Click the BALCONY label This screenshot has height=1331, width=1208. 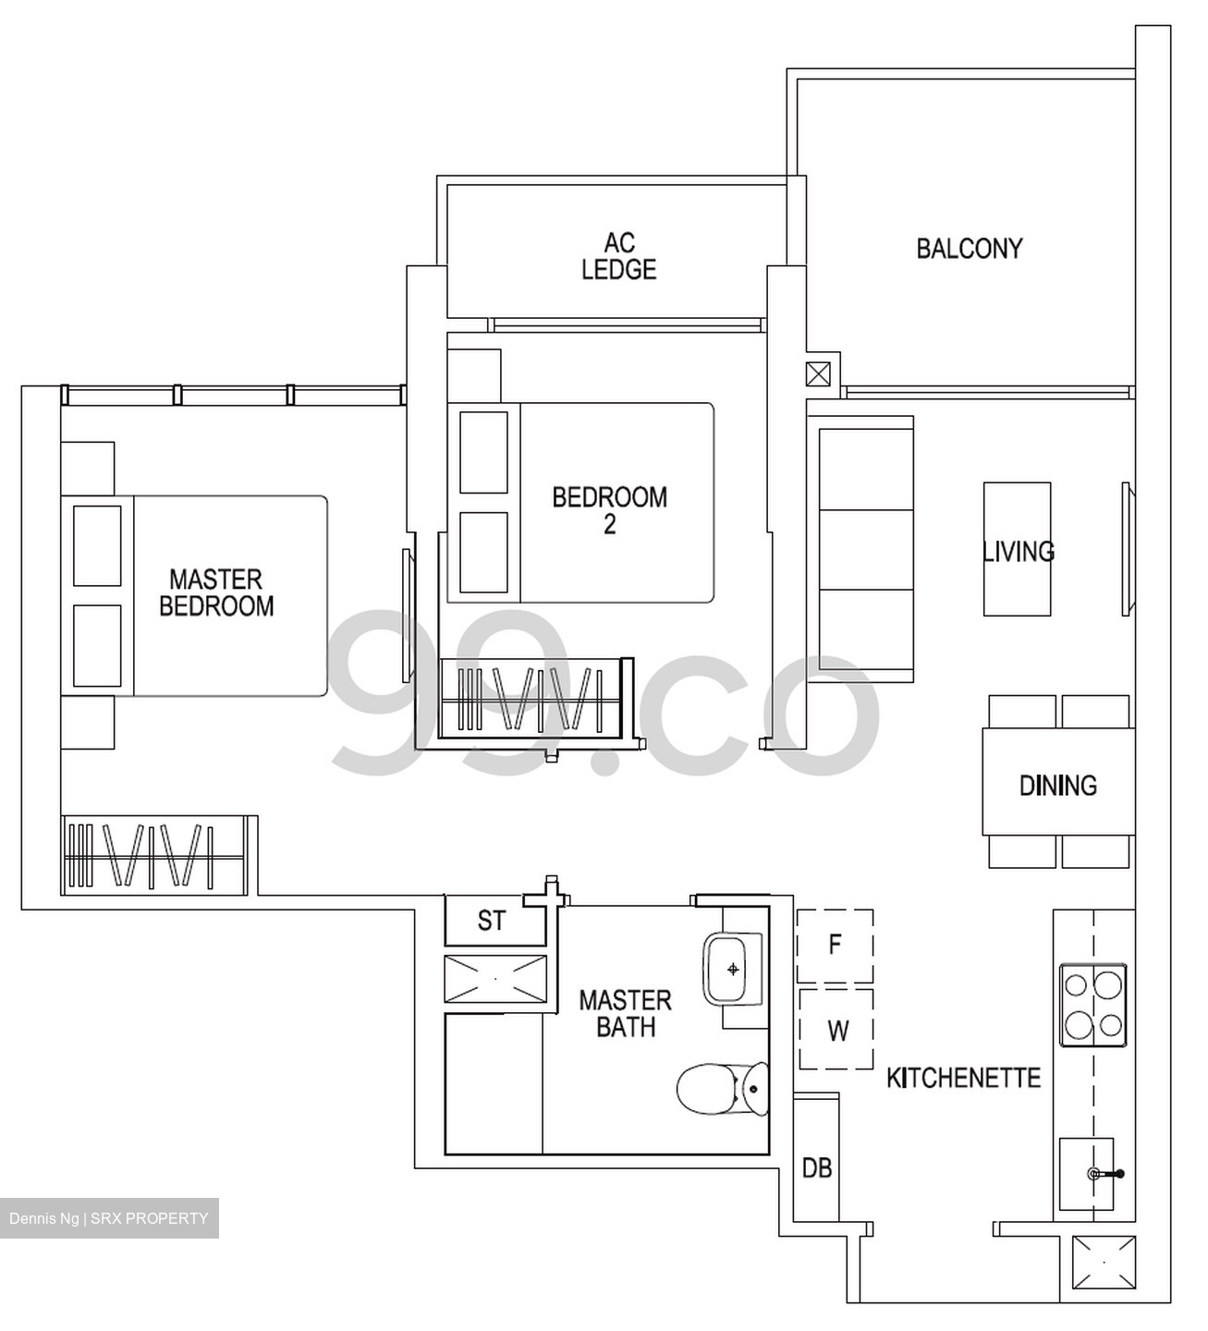click(x=969, y=249)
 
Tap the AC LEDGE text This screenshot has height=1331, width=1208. click(x=619, y=256)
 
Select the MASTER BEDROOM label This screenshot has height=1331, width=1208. click(x=216, y=592)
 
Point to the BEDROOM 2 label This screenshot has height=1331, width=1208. click(x=609, y=510)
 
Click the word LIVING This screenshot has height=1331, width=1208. click(x=1018, y=552)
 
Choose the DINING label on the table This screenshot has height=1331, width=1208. click(x=1057, y=786)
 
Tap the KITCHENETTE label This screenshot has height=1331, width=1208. click(x=963, y=1078)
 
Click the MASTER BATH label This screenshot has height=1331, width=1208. click(x=625, y=1013)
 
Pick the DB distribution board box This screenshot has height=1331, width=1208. click(x=816, y=1168)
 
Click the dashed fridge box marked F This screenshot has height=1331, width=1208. click(x=835, y=946)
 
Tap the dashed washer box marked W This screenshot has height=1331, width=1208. click(x=836, y=1030)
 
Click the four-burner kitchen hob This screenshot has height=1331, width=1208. click(x=1092, y=1006)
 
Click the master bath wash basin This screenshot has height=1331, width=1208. click(x=734, y=969)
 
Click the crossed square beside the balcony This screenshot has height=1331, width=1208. click(x=818, y=374)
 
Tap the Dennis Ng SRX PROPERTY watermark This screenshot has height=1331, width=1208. click(x=109, y=1218)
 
